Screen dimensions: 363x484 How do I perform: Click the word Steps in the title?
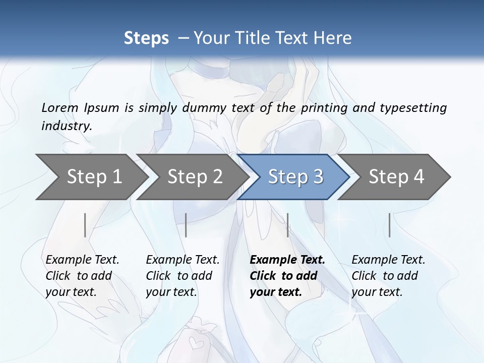(x=146, y=38)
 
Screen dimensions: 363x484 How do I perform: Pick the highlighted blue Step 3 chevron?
(x=295, y=176)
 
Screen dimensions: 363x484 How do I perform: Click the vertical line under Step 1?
(x=85, y=225)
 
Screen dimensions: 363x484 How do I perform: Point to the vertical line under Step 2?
(x=186, y=225)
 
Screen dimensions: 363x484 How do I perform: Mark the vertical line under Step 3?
(x=288, y=225)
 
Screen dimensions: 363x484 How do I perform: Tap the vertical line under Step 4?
(x=390, y=225)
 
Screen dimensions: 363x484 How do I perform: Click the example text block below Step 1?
(x=82, y=276)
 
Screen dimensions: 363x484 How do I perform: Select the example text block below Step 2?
(x=183, y=276)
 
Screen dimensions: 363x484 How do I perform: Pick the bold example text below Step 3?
(x=287, y=276)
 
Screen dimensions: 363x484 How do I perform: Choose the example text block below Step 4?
(x=388, y=276)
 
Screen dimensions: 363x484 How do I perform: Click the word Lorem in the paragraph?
(x=60, y=107)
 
